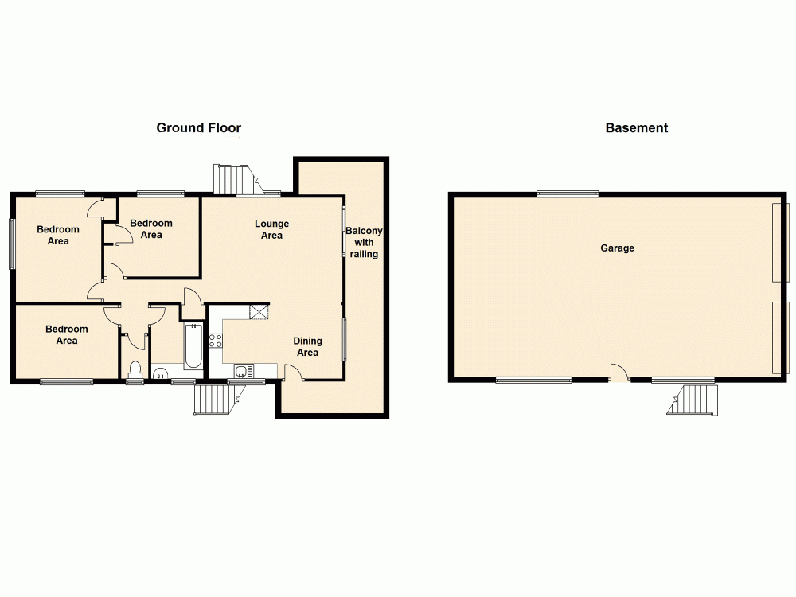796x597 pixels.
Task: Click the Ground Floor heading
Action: click(198, 127)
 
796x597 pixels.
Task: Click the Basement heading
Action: click(636, 127)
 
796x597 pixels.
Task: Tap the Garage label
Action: click(617, 248)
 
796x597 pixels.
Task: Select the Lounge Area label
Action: click(271, 229)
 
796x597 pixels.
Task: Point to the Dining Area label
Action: click(307, 347)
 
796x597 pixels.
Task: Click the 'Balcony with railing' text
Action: click(364, 242)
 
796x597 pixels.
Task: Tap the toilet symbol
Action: click(135, 369)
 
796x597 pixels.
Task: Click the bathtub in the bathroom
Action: click(193, 346)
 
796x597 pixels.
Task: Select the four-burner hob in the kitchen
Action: click(216, 341)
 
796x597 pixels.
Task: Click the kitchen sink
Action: click(244, 370)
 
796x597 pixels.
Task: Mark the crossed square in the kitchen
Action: click(259, 311)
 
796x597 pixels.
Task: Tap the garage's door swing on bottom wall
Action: click(619, 372)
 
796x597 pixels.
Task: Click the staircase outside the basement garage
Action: click(693, 400)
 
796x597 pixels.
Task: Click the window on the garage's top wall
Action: click(568, 193)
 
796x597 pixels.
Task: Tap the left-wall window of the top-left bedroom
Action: click(12, 243)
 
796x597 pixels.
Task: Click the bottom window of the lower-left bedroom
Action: click(67, 382)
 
